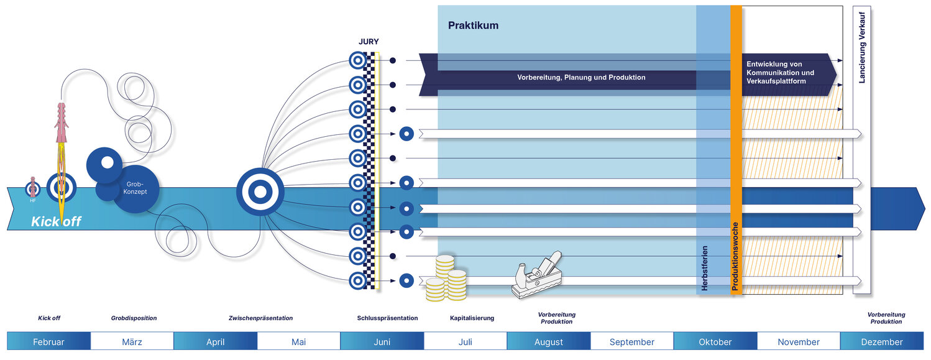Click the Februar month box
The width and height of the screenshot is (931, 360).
coord(48,341)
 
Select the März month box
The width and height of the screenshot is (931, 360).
coord(132,341)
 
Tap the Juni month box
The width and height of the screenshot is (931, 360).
coord(382,341)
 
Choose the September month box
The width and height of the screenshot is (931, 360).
coord(631,341)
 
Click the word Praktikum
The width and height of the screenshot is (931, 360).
coord(473,25)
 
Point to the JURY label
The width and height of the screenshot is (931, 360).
coord(369,42)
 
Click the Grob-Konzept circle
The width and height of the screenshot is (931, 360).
coord(135,188)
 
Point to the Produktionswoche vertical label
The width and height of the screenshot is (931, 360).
coord(735,256)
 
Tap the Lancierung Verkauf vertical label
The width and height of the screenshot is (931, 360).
coord(862,47)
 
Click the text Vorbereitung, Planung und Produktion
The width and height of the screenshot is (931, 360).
coord(581,78)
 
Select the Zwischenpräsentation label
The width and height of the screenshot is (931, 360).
coord(260,318)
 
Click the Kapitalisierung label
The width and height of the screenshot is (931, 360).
coord(472,318)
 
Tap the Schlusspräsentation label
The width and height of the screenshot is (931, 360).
coord(387,318)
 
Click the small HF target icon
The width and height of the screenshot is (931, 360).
coord(33,188)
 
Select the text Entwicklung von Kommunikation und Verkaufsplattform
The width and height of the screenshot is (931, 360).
coord(780,73)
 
